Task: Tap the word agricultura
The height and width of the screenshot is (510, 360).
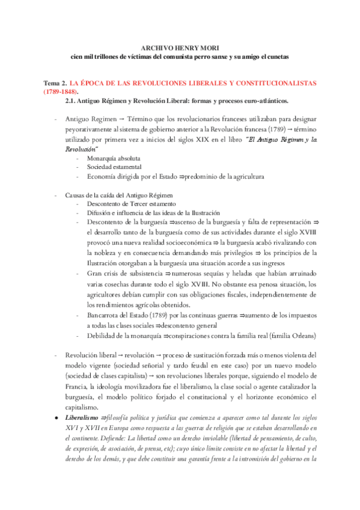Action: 243,177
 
